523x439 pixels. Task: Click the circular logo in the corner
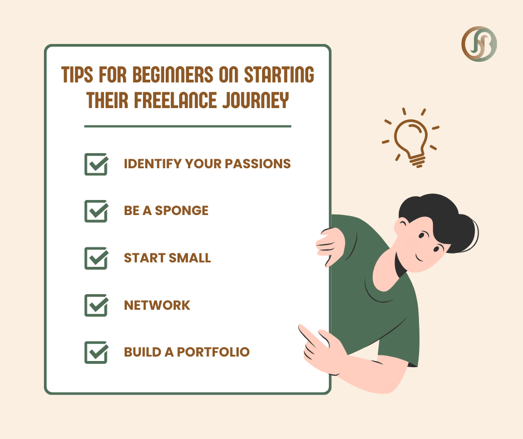tap(479, 44)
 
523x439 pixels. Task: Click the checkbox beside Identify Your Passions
tap(96, 164)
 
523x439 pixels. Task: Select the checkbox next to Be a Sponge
tap(96, 211)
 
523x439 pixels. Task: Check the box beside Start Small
tap(96, 258)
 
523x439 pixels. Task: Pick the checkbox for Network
tap(96, 305)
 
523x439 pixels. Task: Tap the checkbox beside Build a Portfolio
tap(96, 353)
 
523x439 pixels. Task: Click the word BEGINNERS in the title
tap(173, 74)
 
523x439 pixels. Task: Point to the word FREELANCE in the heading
tap(175, 100)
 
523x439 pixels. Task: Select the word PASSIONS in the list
tap(258, 164)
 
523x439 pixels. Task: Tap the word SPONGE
tap(182, 211)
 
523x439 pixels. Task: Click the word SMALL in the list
tap(190, 258)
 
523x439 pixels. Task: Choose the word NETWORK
tap(157, 305)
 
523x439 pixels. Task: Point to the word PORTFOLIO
tap(213, 352)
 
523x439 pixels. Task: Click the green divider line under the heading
tap(188, 126)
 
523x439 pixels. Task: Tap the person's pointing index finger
tap(305, 331)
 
